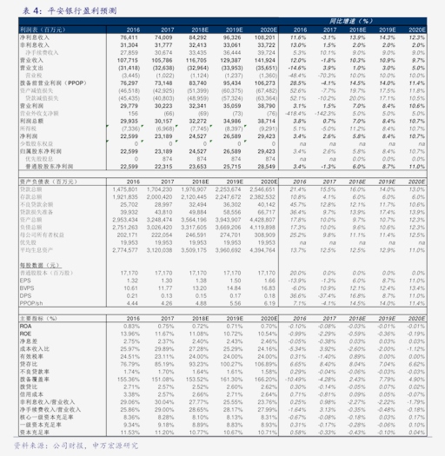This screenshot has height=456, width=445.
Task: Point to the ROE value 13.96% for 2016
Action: (130, 334)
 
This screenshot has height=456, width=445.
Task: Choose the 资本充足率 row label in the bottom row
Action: (31, 433)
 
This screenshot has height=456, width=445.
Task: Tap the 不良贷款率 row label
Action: (33, 372)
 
